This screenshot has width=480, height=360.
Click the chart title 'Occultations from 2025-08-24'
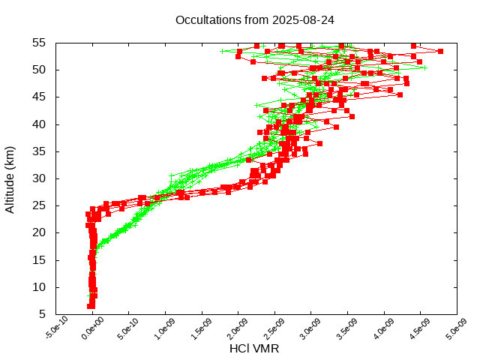tap(254, 20)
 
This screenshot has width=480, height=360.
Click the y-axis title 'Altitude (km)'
tap(10, 178)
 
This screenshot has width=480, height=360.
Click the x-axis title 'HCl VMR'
tap(254, 348)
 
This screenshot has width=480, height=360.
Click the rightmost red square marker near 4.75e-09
tap(440, 51)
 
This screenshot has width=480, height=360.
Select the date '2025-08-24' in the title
tap(305, 20)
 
